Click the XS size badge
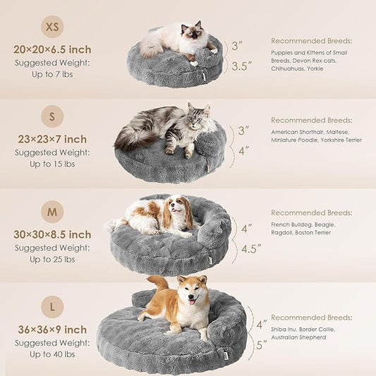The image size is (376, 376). tap(52, 26)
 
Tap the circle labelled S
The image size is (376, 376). tap(52, 116)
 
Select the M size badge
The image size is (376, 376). tap(52, 212)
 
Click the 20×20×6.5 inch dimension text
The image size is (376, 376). tap(52, 49)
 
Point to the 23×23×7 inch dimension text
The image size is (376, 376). tap(52, 139)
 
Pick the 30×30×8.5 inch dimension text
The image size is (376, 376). tap(52, 234)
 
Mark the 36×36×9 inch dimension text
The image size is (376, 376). tap(52, 329)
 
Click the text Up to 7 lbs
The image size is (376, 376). tap(52, 74)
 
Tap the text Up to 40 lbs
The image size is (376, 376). tap(52, 354)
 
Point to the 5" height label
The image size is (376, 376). tap(262, 346)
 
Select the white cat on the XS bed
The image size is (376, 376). tap(180, 40)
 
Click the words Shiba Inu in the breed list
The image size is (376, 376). tap(285, 329)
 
